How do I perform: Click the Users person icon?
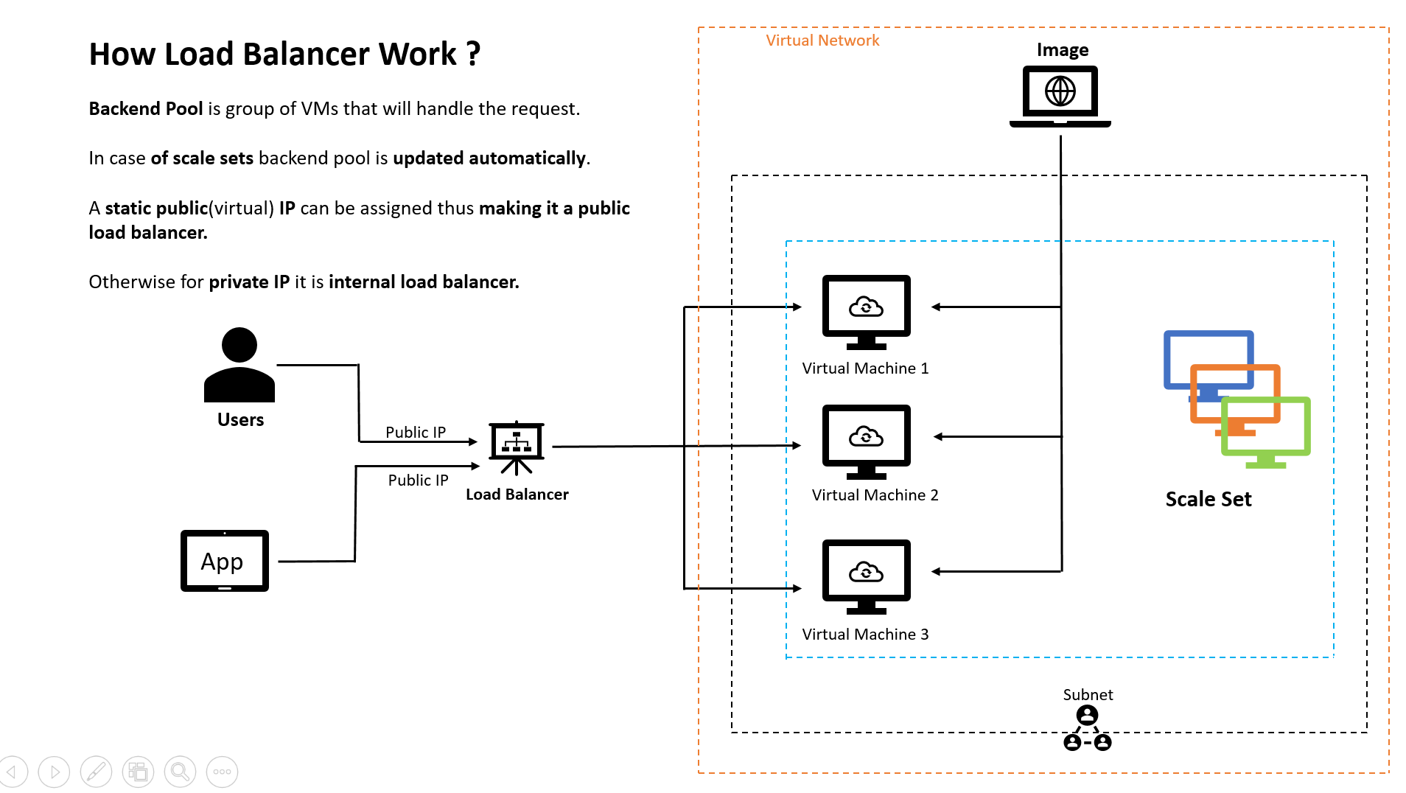coord(239,366)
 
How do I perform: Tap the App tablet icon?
coord(224,561)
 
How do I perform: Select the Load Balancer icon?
coord(516,447)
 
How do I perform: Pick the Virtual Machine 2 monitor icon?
coord(866,441)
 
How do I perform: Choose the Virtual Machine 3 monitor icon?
coord(866,576)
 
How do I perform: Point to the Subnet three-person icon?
coord(1087,728)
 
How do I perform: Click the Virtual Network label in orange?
coord(822,41)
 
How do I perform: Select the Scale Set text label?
coord(1208,499)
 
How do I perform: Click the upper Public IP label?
coord(415,432)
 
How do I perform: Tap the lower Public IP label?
coord(418,480)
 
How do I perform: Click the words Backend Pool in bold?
coord(145,108)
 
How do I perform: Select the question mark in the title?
coord(473,54)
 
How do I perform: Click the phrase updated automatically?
coord(489,158)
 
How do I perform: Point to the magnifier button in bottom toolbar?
coord(180,772)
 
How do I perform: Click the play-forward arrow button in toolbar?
coord(54,772)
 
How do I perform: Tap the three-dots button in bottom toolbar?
coord(222,772)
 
